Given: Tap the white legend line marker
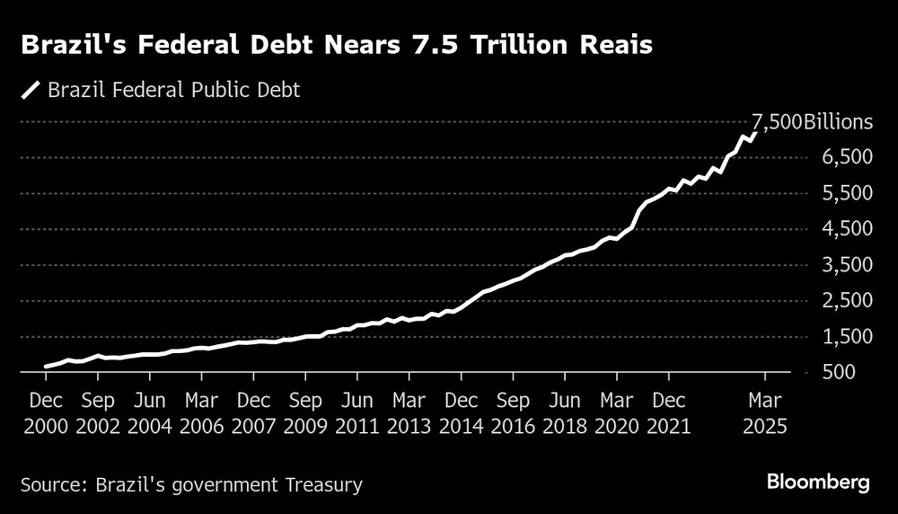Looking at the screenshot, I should (x=31, y=90).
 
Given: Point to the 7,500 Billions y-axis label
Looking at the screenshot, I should (x=799, y=122).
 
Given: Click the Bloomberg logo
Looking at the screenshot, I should (x=818, y=483).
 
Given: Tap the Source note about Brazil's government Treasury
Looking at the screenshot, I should (x=190, y=485).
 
